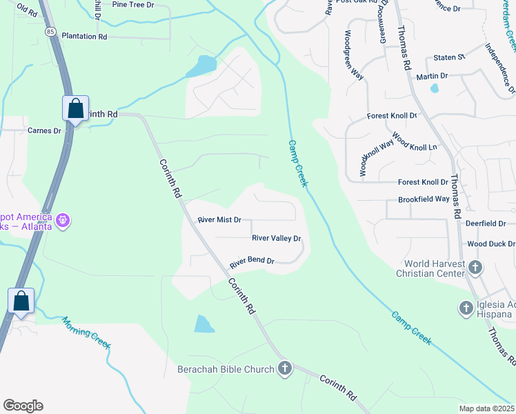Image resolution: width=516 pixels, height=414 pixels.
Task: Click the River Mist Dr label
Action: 219,220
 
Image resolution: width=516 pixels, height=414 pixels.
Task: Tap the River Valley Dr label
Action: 277,239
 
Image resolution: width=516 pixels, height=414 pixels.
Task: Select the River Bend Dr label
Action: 252,262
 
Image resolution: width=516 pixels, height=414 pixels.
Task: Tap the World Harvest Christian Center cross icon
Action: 475,267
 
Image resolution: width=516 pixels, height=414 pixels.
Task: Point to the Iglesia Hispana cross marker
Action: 466,306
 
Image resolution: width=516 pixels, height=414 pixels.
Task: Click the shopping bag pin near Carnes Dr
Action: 75,108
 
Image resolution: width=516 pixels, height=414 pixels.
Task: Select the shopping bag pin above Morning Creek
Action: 21,301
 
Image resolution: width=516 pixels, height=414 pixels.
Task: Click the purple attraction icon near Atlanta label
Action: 63,220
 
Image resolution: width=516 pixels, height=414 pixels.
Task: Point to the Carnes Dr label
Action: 44,130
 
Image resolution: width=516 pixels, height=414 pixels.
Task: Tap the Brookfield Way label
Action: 424,199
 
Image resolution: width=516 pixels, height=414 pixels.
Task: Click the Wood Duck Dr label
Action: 491,244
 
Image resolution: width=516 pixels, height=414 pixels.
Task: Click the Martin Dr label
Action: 433,76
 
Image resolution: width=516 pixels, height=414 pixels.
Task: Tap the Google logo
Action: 23,406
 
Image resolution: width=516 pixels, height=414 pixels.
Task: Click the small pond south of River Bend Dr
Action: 205,324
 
